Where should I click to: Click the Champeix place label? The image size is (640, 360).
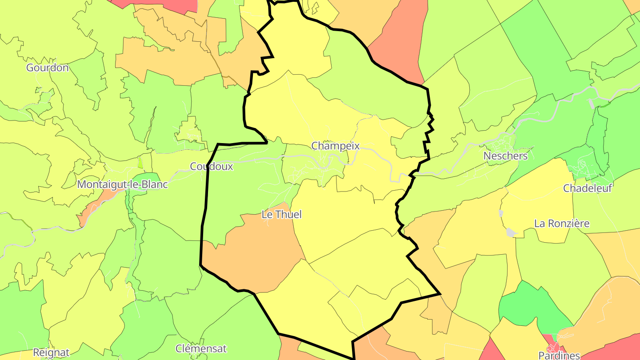coord(335,146)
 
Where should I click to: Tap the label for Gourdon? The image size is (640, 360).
coord(48,68)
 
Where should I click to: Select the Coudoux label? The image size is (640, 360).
coord(211,166)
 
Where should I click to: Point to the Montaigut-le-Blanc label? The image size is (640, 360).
coord(123,184)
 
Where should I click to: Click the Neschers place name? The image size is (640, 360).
coord(505,156)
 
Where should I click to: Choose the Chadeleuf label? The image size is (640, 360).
coord(588,188)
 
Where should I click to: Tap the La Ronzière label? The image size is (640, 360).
coord(562,223)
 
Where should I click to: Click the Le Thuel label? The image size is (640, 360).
coord(281,215)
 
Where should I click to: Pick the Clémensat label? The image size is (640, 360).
coord(201,348)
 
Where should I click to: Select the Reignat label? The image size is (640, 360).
coord(51,353)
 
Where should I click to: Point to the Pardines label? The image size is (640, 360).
coord(559,355)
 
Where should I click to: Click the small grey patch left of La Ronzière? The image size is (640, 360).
coord(512,232)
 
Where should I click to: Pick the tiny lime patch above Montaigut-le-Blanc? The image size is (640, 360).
coord(140,163)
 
